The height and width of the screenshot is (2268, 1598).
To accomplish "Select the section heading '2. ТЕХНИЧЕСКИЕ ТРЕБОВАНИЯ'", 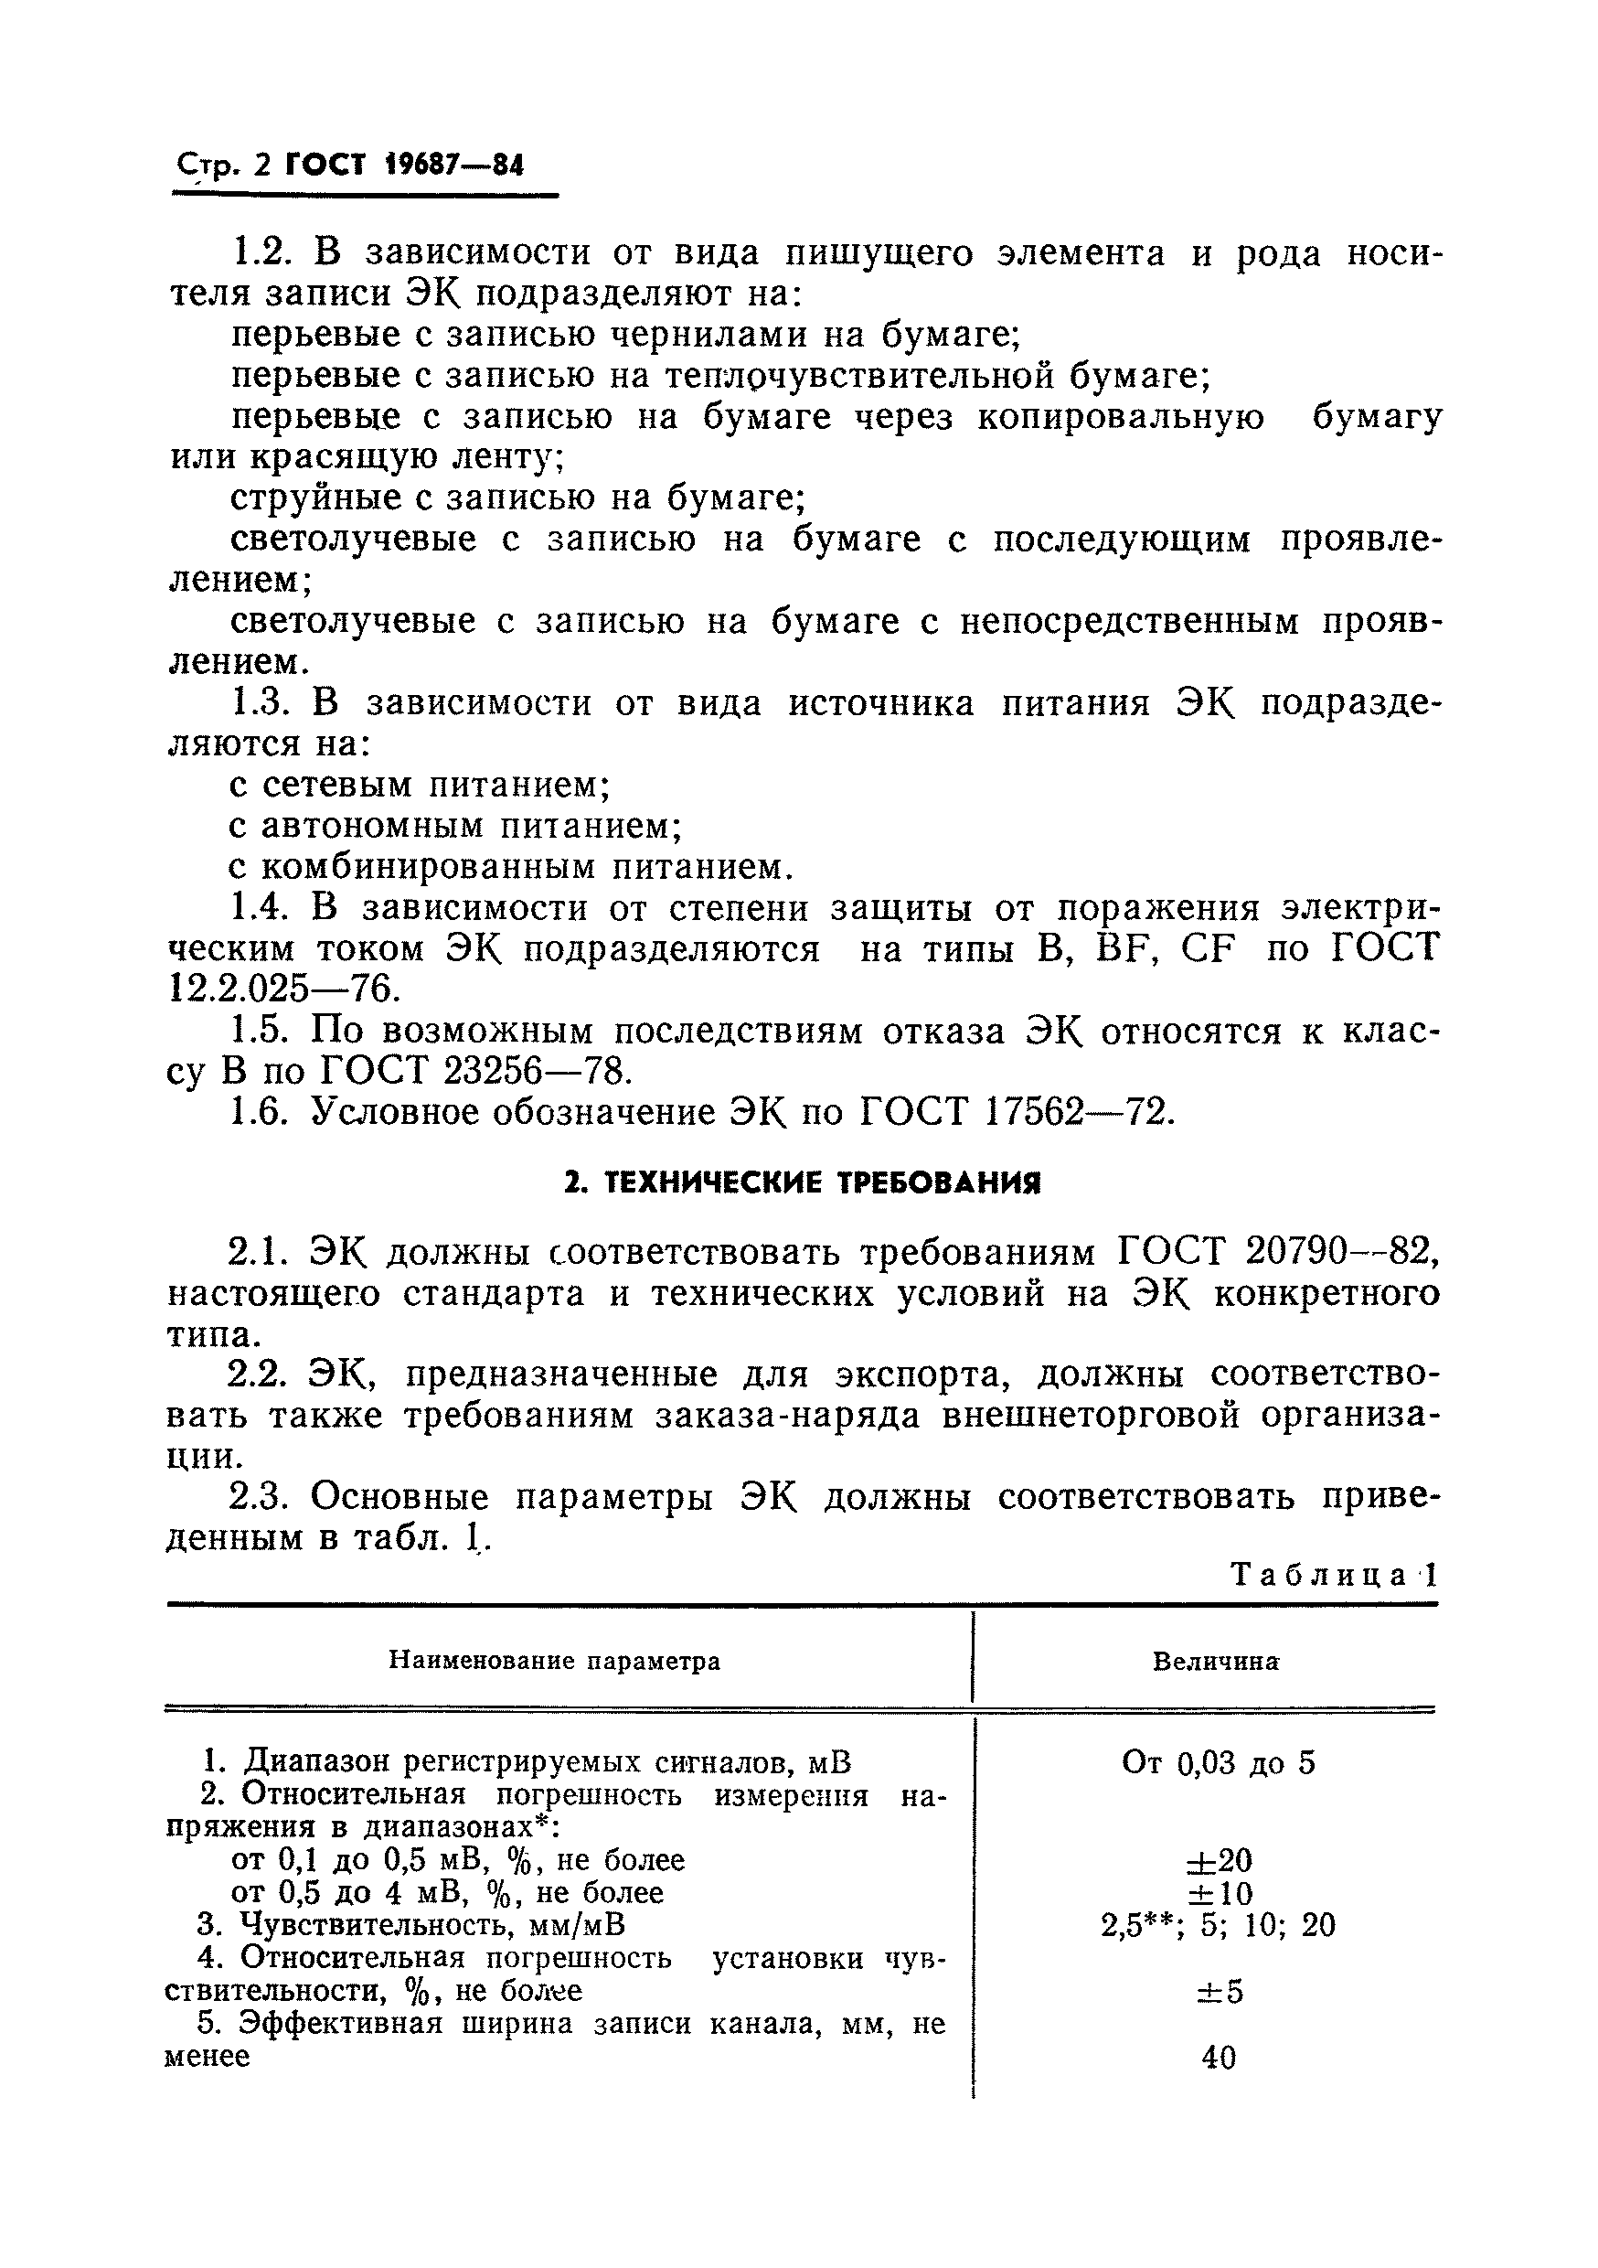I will click(802, 1182).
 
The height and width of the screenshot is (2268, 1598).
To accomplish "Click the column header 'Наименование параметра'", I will click(554, 1661).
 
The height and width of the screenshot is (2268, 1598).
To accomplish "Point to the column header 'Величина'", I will click(1216, 1661).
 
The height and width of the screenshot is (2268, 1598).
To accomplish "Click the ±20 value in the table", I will click(1219, 1861).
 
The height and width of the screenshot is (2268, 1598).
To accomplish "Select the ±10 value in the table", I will click(1219, 1894).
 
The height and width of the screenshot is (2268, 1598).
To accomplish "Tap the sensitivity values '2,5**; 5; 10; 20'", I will click(1218, 1925).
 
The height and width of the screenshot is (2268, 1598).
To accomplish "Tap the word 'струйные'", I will click(314, 497).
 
